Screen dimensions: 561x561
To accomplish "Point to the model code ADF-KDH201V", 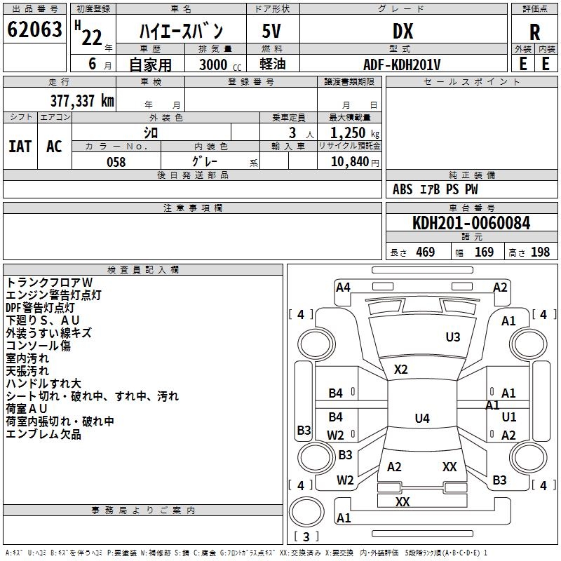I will pyautogui.click(x=403, y=64).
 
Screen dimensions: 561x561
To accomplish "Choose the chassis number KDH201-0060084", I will pyautogui.click(x=471, y=223).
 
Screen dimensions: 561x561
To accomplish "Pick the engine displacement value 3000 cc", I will pyautogui.click(x=213, y=65).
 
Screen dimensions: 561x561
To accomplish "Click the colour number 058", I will pyautogui.click(x=116, y=162).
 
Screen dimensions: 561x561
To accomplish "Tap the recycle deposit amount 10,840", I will pyautogui.click(x=349, y=162).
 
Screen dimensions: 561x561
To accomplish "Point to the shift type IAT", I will pyautogui.click(x=20, y=146).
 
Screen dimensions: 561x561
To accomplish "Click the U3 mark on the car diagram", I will pyautogui.click(x=453, y=337).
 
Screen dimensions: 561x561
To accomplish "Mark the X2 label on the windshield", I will pyautogui.click(x=401, y=369).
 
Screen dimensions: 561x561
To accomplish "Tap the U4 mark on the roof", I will pyautogui.click(x=421, y=419).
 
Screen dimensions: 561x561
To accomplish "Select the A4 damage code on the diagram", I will pyautogui.click(x=343, y=287).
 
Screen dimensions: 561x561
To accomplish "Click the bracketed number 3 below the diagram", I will pyautogui.click(x=306, y=536).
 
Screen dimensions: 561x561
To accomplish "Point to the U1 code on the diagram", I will pyautogui.click(x=509, y=417).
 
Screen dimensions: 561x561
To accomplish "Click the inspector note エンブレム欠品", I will pyautogui.click(x=43, y=435).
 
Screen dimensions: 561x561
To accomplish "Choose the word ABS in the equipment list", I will pyautogui.click(x=403, y=189).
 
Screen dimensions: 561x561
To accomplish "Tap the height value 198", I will pyautogui.click(x=540, y=252).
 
